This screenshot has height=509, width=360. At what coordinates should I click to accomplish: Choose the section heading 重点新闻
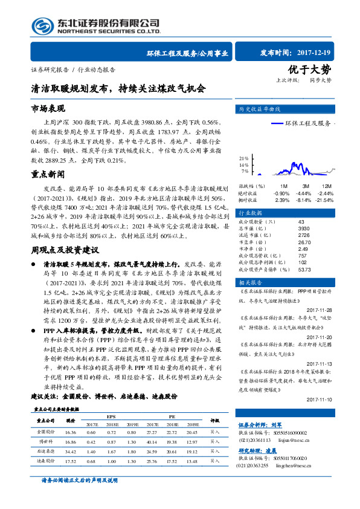[48, 173]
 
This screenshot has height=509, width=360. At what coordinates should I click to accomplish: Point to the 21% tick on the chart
[243, 158]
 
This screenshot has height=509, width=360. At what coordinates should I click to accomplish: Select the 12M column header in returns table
[326, 186]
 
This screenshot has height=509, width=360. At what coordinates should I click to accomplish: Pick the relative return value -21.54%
[324, 199]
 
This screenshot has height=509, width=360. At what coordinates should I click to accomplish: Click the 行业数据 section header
[250, 213]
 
